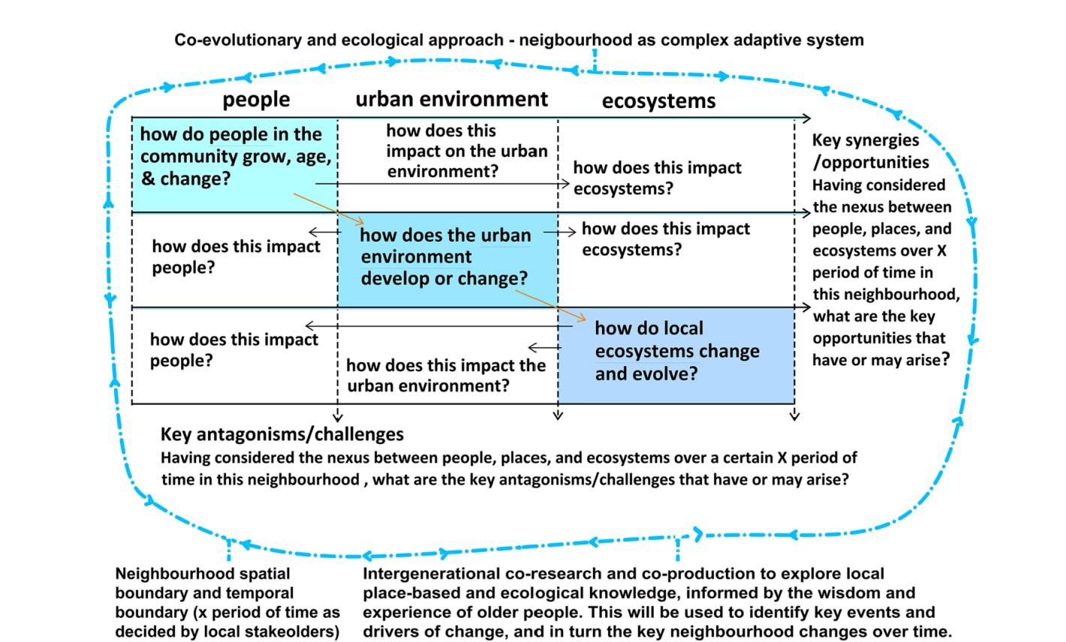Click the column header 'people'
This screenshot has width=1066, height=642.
256,99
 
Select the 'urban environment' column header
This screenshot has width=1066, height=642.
451,99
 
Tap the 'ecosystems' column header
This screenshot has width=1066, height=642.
658,101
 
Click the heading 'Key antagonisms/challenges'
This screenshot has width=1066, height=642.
282,434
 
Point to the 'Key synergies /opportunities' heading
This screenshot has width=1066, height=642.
870,151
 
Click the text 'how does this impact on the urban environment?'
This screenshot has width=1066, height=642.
466,151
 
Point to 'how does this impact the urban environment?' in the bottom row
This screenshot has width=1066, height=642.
445,376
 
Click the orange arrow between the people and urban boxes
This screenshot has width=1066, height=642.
328,208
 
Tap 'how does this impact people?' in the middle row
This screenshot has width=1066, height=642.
236,256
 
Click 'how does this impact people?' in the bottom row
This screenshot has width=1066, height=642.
233,349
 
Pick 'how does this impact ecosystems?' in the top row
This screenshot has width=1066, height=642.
657,178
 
